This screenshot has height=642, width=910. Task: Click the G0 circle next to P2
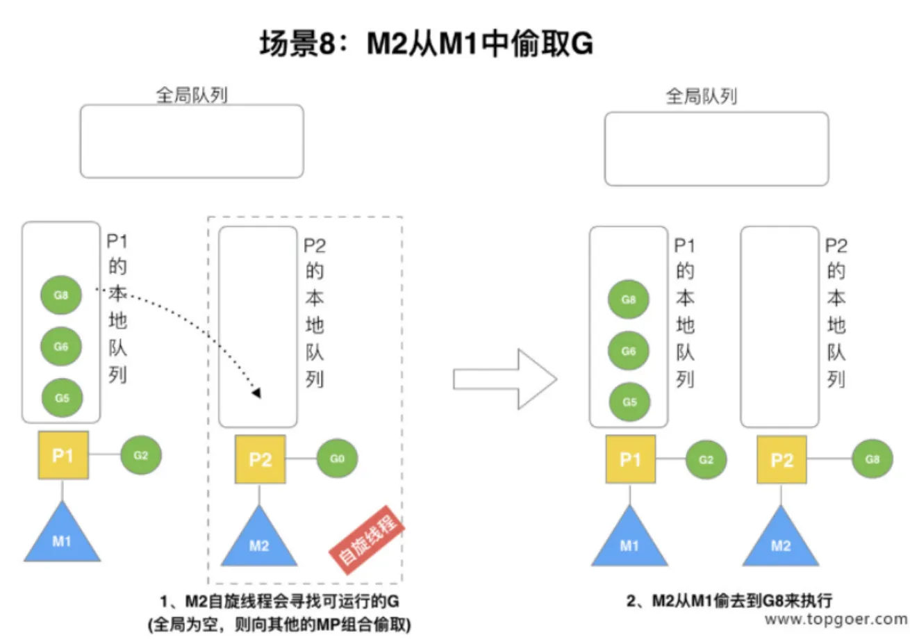pyautogui.click(x=337, y=459)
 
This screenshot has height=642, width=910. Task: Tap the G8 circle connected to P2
pyautogui.click(x=872, y=459)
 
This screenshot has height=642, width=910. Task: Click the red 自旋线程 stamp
pyautogui.click(x=367, y=540)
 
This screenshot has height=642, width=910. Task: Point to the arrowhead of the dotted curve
pyautogui.click(x=257, y=393)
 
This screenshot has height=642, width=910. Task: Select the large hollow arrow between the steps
pyautogui.click(x=505, y=379)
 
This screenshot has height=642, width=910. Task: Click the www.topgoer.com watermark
pyautogui.click(x=836, y=619)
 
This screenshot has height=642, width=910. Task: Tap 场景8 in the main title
pyautogui.click(x=297, y=44)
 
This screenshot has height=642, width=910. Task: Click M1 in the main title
pyautogui.click(x=458, y=44)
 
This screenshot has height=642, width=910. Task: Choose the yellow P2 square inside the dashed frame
pyautogui.click(x=260, y=459)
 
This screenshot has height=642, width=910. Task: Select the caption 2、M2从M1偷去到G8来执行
pyautogui.click(x=729, y=600)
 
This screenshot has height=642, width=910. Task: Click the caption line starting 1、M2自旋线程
pyautogui.click(x=280, y=601)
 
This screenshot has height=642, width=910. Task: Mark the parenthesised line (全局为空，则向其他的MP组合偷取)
pyautogui.click(x=279, y=625)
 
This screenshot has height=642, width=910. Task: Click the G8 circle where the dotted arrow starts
pyautogui.click(x=61, y=295)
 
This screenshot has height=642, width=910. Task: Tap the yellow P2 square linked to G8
pyautogui.click(x=781, y=459)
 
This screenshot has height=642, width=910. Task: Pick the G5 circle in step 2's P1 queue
pyautogui.click(x=629, y=402)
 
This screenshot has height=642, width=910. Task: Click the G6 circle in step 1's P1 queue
pyautogui.click(x=61, y=347)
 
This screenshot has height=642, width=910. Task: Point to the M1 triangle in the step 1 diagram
pyautogui.click(x=62, y=533)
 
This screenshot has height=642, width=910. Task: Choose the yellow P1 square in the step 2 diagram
pyautogui.click(x=630, y=459)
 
